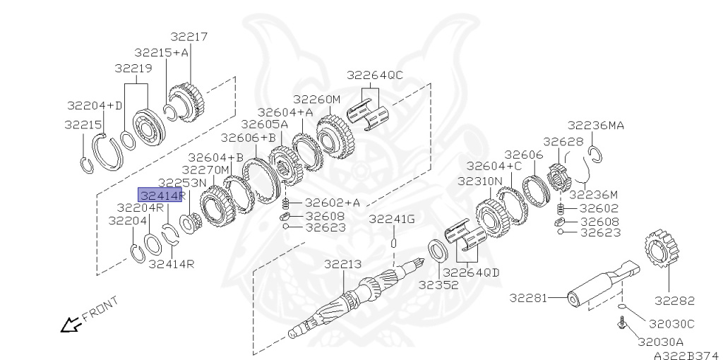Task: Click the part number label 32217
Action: click(x=189, y=37)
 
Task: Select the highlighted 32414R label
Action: click(x=160, y=195)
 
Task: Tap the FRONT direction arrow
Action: click(x=71, y=325)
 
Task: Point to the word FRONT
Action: click(x=100, y=309)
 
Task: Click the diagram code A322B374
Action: click(x=686, y=355)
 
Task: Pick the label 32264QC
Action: click(x=374, y=75)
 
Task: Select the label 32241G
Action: click(x=392, y=220)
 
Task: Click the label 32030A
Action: click(x=660, y=342)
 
